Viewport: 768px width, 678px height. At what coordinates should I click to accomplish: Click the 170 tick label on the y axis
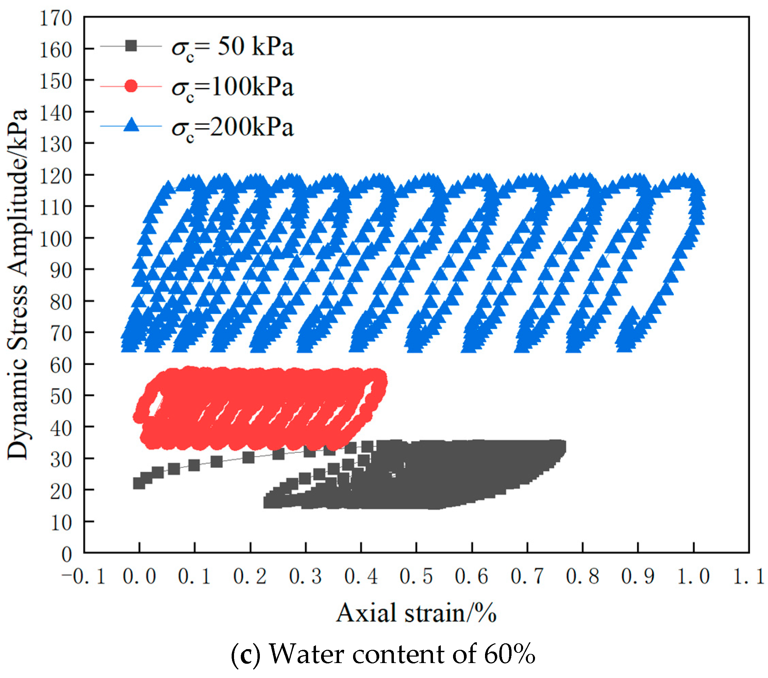pos(55,18)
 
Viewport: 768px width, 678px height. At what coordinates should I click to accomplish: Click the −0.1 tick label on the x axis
pos(83,576)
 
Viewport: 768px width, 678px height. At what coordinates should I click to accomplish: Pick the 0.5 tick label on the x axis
pos(416,576)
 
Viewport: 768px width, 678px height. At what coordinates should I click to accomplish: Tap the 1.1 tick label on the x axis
pos(749,576)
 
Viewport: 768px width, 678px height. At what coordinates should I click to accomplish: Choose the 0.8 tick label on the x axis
pos(582,576)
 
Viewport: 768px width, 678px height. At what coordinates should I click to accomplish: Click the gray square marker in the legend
pos(131,46)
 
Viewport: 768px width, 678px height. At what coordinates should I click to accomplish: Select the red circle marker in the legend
pos(131,86)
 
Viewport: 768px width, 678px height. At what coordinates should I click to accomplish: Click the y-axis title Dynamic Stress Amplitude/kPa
pos(18,284)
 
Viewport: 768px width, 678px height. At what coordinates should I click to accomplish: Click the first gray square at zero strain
pos(139,483)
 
